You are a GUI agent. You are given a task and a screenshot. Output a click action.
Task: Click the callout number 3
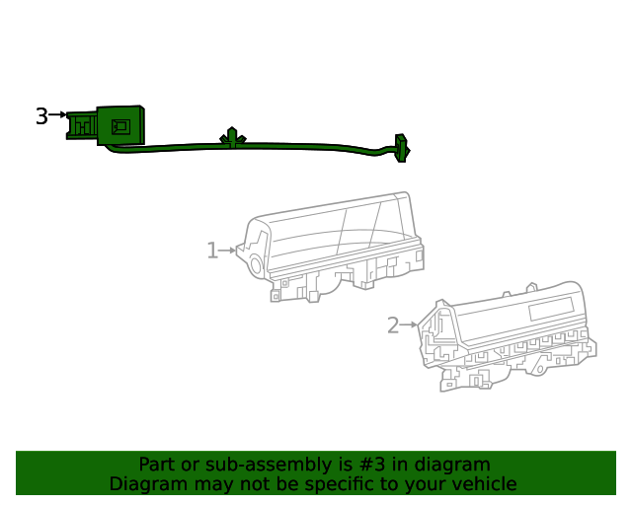pyautogui.click(x=41, y=116)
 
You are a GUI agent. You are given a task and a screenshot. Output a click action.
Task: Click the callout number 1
pyautogui.click(x=212, y=251)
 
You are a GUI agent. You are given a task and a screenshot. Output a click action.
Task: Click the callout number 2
pyautogui.click(x=393, y=325)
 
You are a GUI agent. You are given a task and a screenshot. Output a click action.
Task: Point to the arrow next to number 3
pyautogui.click(x=57, y=114)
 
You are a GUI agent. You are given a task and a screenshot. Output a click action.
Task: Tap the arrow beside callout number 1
pyautogui.click(x=228, y=251)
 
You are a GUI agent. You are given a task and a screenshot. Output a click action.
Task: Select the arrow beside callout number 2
pyautogui.click(x=408, y=325)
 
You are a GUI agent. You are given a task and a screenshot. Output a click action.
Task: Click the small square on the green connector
pyautogui.click(x=120, y=126)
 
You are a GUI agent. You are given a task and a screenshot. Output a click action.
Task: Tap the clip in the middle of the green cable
pyautogui.click(x=233, y=138)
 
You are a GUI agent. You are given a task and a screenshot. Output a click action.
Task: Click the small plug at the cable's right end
pyautogui.click(x=402, y=148)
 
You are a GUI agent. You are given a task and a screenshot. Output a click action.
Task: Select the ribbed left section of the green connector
pyautogui.click(x=82, y=125)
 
